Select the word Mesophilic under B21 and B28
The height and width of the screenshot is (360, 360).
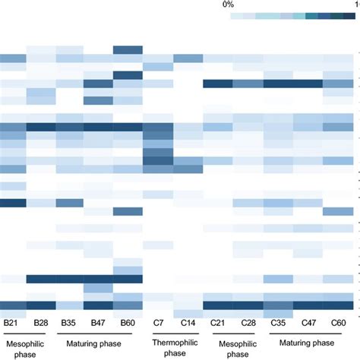click(x=27, y=343)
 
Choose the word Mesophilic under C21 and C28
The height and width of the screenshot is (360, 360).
click(x=231, y=343)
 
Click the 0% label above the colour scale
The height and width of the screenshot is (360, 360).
click(x=228, y=5)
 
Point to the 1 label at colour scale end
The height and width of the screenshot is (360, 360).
click(x=356, y=5)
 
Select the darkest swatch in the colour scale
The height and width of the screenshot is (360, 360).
click(x=347, y=16)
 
